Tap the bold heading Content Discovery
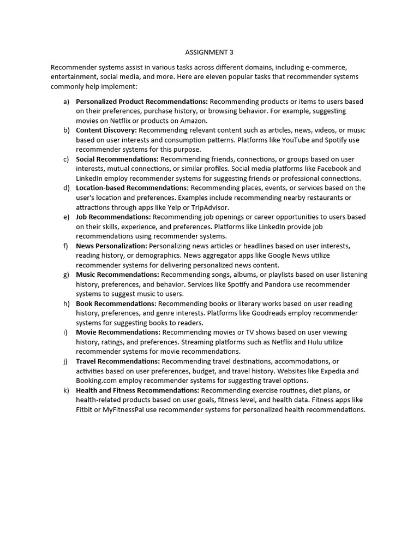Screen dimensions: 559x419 (x=106, y=130)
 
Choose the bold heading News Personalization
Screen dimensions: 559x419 (x=111, y=246)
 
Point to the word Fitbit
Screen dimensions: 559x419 (x=85, y=409)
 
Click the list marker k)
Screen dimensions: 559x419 (x=66, y=390)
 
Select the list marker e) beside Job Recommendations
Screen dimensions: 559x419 (x=66, y=217)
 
